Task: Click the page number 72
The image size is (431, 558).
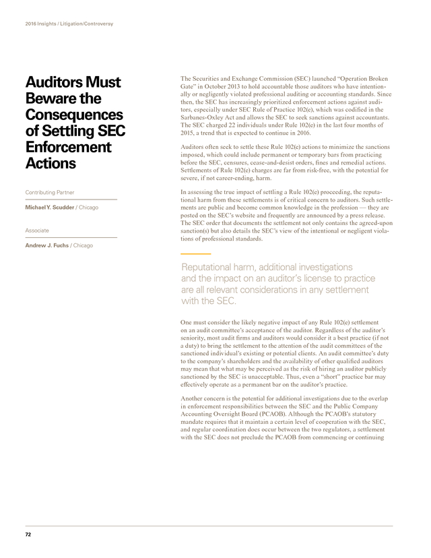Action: [x=28, y=534]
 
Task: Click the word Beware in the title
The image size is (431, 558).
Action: [x=46, y=98]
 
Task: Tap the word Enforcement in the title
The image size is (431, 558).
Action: [x=68, y=147]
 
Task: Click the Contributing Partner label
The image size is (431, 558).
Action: [x=50, y=193]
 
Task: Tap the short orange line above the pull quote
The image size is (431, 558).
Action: [x=192, y=253]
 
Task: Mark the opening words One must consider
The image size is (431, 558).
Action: [x=211, y=323]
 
